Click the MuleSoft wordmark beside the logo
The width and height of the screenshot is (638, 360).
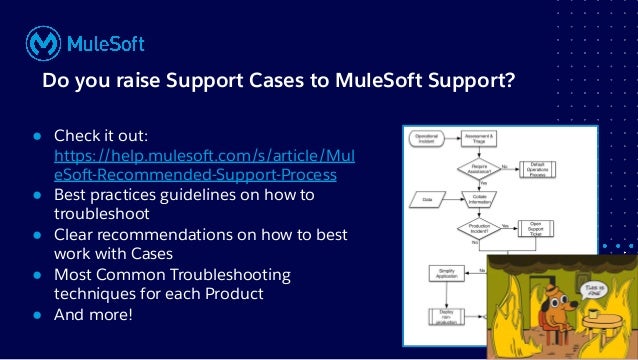[105, 43]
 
